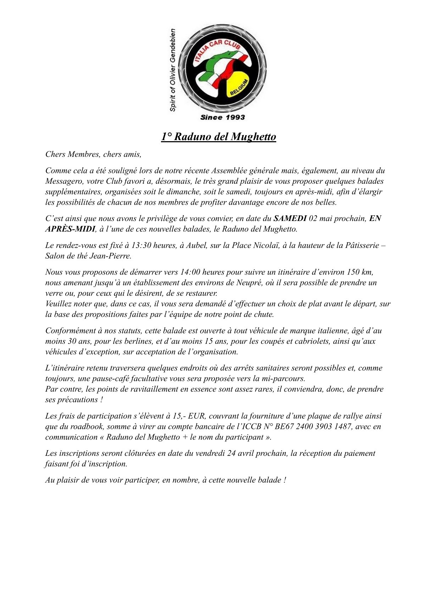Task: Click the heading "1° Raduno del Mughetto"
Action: (x=218, y=137)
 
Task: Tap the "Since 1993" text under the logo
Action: (x=222, y=117)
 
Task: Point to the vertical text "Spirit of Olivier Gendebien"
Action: (x=173, y=70)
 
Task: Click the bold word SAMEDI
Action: (x=290, y=219)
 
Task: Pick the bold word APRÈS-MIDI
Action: (x=70, y=229)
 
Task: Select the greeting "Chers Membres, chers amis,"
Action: (x=93, y=154)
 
